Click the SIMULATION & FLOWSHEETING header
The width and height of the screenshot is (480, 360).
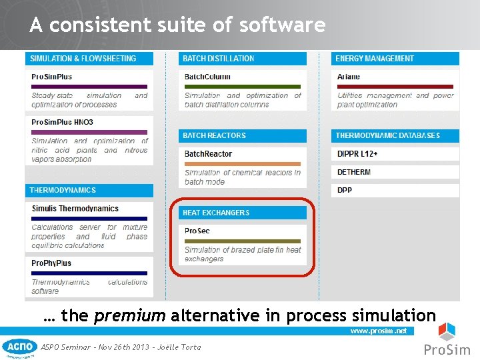[x=83, y=59]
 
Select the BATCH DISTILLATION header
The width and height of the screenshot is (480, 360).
[x=219, y=59]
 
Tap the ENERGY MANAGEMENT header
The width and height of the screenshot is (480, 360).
[x=375, y=59]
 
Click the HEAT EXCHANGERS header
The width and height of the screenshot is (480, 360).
[x=216, y=213]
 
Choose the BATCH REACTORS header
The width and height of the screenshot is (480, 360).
[x=215, y=135]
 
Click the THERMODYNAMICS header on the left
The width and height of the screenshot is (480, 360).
[x=63, y=190]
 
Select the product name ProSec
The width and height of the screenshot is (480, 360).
[x=197, y=231]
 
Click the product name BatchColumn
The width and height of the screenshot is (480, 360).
[x=207, y=77]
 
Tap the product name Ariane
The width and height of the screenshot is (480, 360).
[x=349, y=77]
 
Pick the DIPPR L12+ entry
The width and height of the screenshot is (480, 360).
[x=357, y=154]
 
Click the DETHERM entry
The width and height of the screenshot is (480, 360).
[x=354, y=172]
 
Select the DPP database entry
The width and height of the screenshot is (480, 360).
[x=345, y=190]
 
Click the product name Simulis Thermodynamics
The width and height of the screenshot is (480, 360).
[x=75, y=209]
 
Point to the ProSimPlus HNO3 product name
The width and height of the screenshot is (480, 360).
[x=62, y=123]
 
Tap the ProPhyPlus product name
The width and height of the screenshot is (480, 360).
[x=51, y=263]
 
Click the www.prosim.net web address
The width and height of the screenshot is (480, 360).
[x=379, y=331]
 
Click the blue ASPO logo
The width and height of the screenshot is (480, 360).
[x=19, y=347]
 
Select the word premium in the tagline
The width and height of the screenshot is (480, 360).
[x=129, y=315]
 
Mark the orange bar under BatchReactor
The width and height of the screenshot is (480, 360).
[x=243, y=163]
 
